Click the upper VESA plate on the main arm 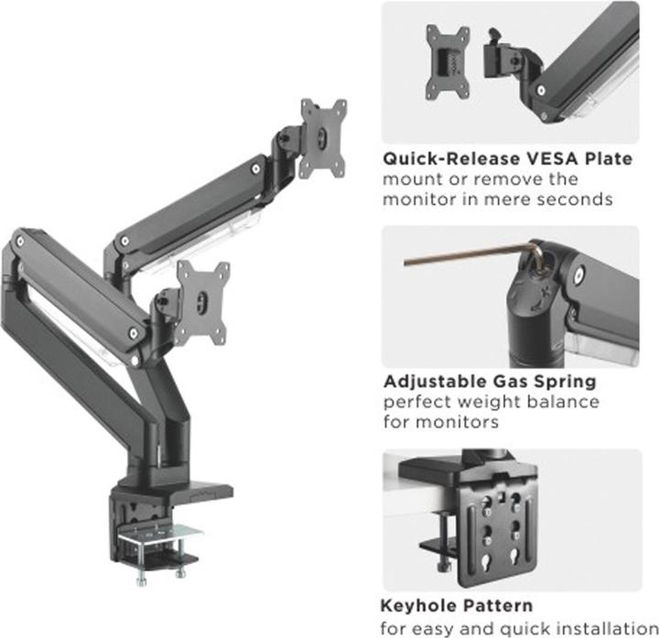(325, 137)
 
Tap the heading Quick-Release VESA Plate (506, 158)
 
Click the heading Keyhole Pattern (456, 605)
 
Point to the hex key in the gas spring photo (458, 259)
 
